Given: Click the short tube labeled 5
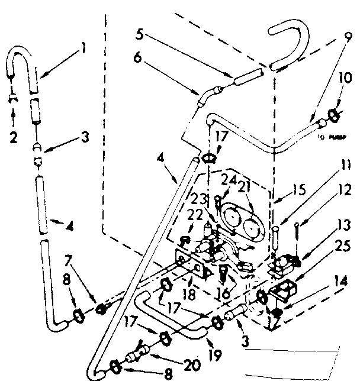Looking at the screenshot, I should click(244, 76).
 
